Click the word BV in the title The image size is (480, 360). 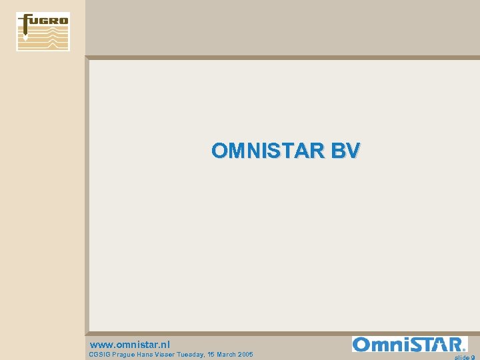[345, 151]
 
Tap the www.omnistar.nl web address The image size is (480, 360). [129, 345]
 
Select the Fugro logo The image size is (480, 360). [43, 31]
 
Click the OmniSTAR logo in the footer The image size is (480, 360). [409, 344]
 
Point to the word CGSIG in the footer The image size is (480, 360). [100, 355]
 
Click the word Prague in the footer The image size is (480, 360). [125, 355]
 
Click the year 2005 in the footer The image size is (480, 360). [245, 355]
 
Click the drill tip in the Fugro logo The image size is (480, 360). [26, 39]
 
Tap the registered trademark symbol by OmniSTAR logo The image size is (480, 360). [464, 349]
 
